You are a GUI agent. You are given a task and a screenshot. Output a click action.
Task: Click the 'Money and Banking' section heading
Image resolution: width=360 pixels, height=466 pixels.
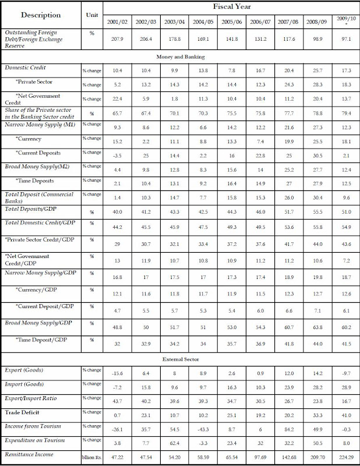tap(180, 57)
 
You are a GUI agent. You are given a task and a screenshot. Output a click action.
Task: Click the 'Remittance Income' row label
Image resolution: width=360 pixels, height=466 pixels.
tap(30, 454)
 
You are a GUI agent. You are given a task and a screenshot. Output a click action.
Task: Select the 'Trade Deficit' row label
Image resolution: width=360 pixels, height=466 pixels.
tap(23, 412)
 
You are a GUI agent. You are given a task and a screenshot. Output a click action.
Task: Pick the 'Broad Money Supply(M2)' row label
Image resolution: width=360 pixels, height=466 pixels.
tap(36, 167)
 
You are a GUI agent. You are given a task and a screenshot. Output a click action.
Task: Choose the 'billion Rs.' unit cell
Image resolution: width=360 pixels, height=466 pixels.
tap(91, 458)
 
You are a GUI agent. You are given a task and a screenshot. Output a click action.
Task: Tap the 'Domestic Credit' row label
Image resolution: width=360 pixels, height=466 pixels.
tap(26, 68)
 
